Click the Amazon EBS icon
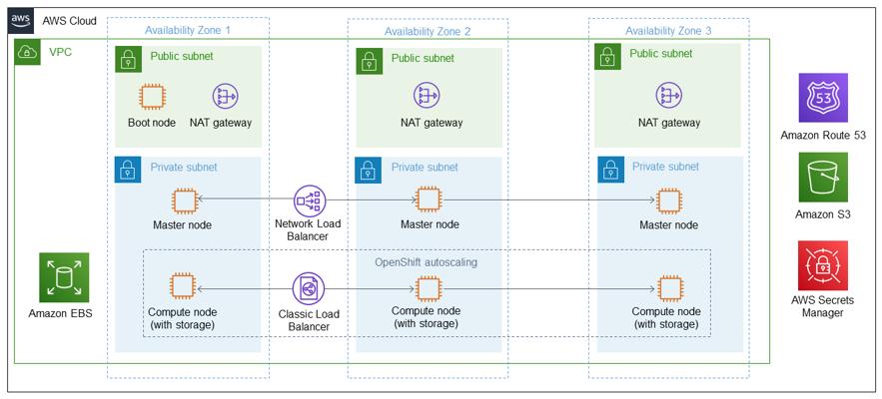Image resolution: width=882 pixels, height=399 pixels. (x=64, y=277)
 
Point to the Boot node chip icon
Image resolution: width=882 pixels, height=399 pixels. (x=152, y=96)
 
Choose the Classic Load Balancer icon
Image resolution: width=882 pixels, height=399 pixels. (x=306, y=288)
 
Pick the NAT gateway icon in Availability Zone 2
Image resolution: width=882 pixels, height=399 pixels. (x=429, y=96)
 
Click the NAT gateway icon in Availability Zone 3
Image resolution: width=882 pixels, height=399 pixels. (x=668, y=96)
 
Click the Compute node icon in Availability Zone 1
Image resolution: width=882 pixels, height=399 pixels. (x=181, y=287)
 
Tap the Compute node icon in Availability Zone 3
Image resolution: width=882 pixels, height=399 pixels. (x=668, y=287)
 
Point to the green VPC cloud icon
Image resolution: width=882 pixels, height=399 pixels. (x=26, y=51)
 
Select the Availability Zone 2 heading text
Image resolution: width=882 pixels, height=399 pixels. (x=427, y=32)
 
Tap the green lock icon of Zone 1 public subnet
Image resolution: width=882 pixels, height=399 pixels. (x=128, y=57)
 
